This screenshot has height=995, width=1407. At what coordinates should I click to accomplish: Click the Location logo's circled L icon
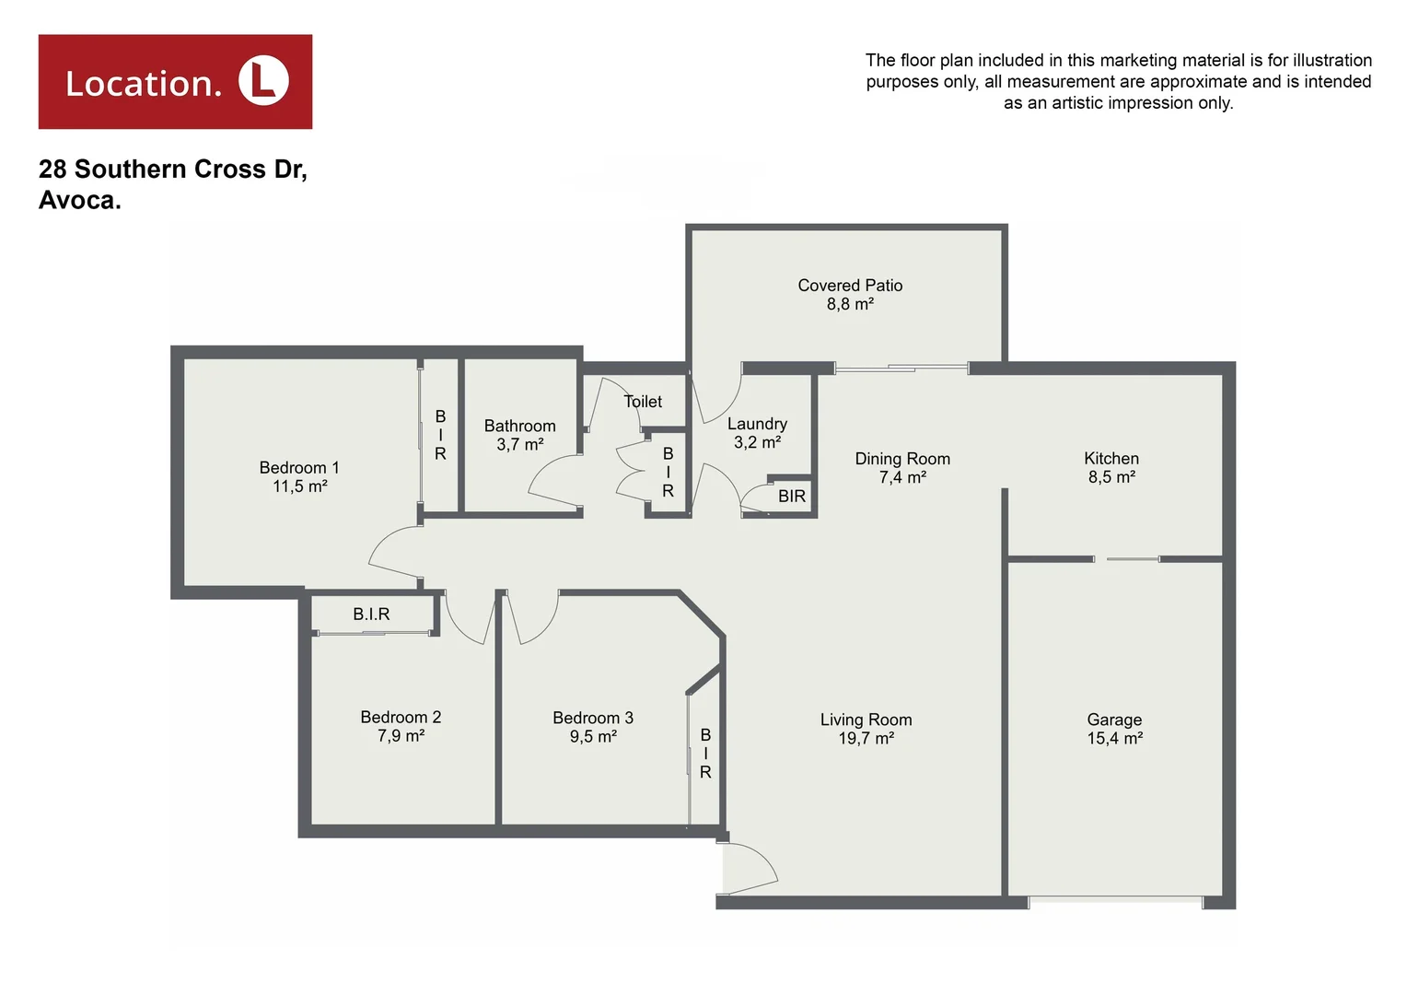click(x=263, y=81)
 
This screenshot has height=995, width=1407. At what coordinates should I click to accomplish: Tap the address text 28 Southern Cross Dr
click(x=172, y=170)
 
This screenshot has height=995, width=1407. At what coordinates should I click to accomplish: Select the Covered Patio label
click(x=850, y=286)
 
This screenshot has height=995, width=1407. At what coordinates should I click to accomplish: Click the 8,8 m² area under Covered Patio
click(x=850, y=305)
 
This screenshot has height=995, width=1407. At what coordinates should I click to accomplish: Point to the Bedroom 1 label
click(x=299, y=468)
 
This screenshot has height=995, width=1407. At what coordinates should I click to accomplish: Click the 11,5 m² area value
click(x=299, y=486)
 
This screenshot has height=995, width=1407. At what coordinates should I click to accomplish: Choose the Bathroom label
click(x=520, y=426)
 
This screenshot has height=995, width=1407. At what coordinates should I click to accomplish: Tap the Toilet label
click(x=643, y=402)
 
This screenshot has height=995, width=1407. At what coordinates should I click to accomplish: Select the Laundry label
click(x=757, y=424)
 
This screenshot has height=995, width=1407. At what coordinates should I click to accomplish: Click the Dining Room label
click(x=902, y=459)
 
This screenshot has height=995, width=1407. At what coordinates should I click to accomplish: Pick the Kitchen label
click(x=1111, y=459)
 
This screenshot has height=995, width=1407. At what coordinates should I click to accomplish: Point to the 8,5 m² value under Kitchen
click(x=1111, y=477)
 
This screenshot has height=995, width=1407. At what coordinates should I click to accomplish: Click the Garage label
click(x=1114, y=720)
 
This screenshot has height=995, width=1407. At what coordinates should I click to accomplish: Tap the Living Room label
click(x=866, y=720)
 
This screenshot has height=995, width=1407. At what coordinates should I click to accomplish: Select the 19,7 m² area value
click(x=866, y=739)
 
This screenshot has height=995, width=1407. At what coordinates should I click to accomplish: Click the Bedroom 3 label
click(x=593, y=718)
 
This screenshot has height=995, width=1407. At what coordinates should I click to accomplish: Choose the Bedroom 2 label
click(x=401, y=717)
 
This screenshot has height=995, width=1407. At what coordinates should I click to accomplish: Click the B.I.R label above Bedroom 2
click(x=371, y=615)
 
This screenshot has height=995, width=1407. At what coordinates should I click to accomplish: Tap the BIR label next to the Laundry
click(x=792, y=497)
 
